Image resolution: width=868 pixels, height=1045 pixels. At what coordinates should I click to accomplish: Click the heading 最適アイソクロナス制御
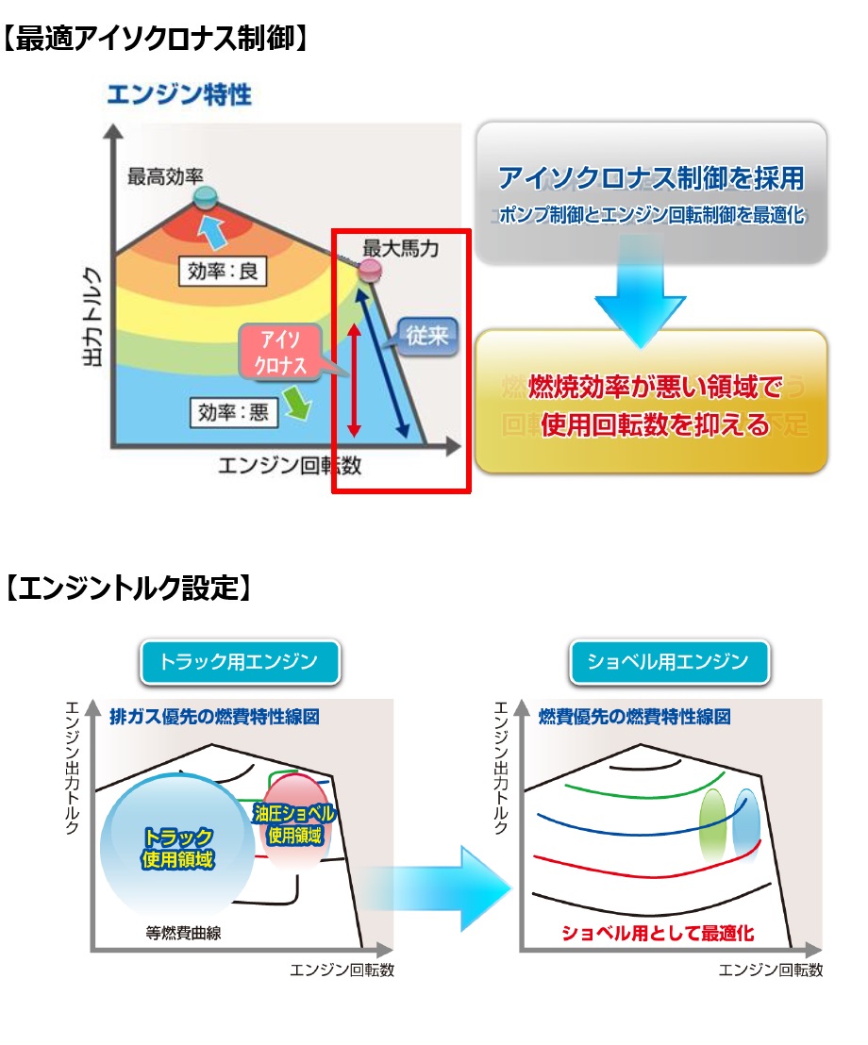tap(156, 39)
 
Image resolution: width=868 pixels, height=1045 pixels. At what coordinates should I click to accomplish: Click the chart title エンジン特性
tap(178, 95)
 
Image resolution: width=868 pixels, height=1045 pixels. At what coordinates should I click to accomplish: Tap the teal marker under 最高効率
tap(205, 196)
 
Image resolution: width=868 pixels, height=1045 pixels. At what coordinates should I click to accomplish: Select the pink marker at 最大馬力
tap(370, 271)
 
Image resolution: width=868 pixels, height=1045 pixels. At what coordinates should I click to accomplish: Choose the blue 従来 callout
tap(426, 335)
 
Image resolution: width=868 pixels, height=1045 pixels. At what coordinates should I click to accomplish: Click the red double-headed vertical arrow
tap(354, 380)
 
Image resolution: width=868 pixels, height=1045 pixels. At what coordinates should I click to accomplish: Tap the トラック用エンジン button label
tap(239, 661)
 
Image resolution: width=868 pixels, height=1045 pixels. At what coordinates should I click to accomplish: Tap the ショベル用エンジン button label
tap(669, 661)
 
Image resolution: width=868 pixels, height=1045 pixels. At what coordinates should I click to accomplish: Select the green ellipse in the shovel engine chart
tap(712, 822)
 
